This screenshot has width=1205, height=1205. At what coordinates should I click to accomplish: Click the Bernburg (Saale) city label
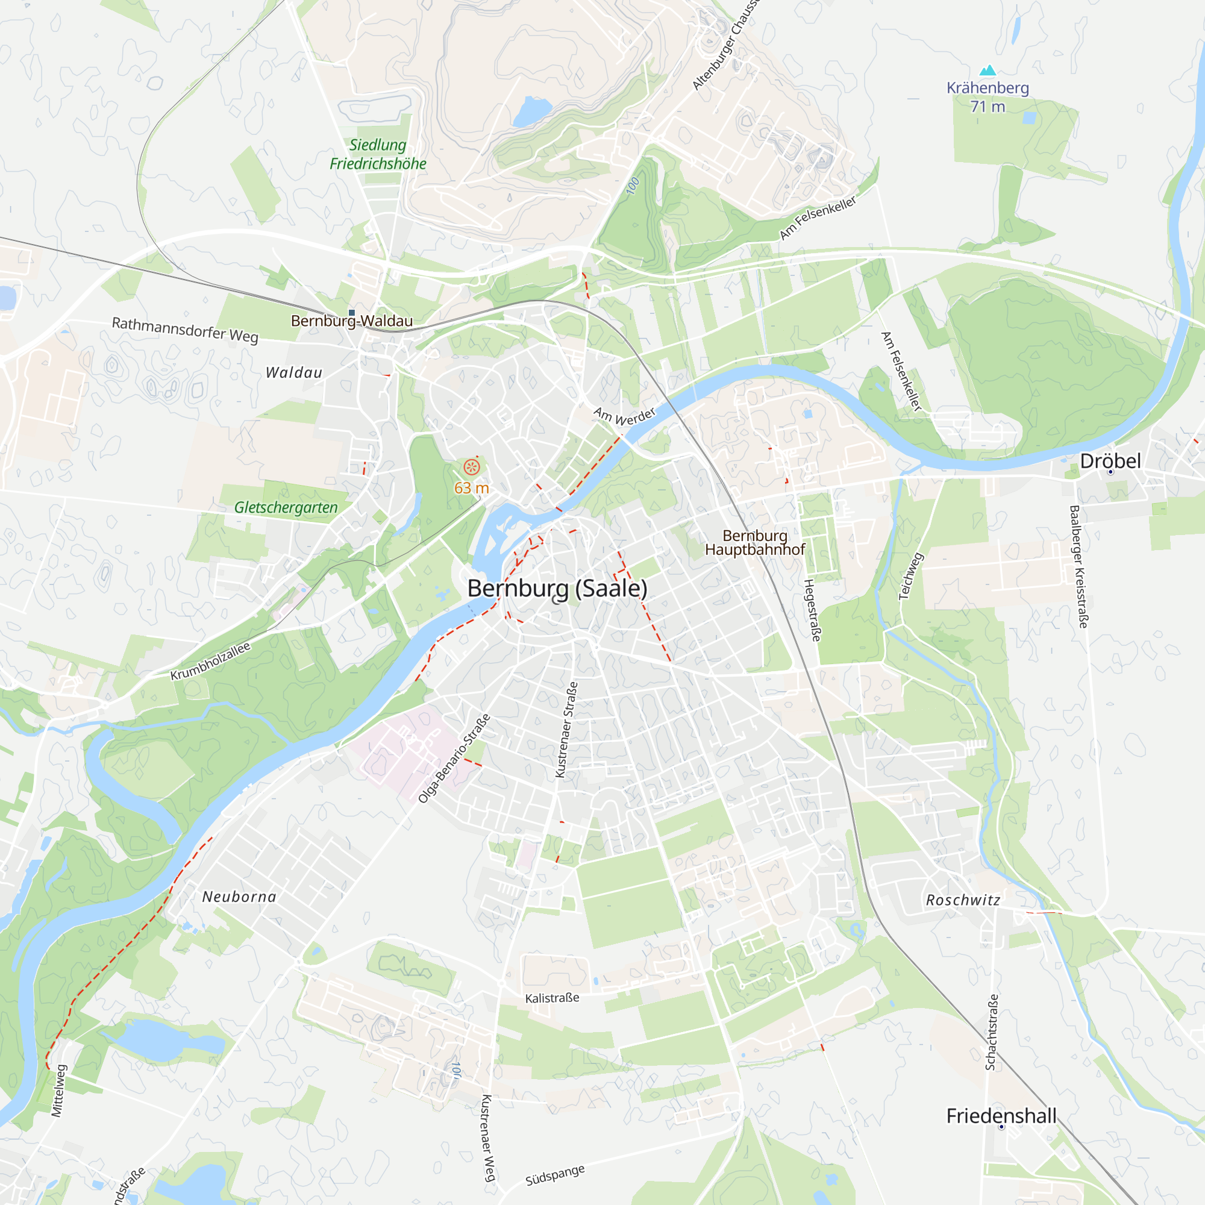(557, 588)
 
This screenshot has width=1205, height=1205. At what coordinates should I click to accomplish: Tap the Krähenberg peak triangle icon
(987, 70)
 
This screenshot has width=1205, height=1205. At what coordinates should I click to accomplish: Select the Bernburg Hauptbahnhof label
(755, 543)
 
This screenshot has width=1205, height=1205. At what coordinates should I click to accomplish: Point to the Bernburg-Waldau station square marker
(352, 313)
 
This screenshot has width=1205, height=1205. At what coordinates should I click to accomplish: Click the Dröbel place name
(1110, 461)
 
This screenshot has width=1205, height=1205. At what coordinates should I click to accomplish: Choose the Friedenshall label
(1001, 1116)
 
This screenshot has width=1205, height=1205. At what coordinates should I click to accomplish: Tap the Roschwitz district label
(963, 900)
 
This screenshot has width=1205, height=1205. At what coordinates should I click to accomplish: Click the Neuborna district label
(239, 897)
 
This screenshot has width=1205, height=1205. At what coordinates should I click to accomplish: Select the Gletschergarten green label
(286, 508)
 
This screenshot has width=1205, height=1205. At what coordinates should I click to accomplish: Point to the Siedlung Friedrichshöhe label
(378, 154)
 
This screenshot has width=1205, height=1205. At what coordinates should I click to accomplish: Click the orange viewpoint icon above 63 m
(472, 467)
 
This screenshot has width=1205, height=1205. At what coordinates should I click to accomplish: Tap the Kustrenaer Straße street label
(566, 730)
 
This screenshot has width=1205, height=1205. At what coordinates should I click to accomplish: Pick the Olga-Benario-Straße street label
(454, 759)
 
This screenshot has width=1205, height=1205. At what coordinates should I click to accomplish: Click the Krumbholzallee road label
(210, 661)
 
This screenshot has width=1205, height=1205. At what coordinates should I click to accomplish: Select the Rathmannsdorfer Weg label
(184, 330)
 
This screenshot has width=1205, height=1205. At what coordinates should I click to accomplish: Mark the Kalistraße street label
(552, 998)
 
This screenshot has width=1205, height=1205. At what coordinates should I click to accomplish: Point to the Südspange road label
(555, 1175)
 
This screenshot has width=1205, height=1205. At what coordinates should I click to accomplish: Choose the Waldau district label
(294, 373)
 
